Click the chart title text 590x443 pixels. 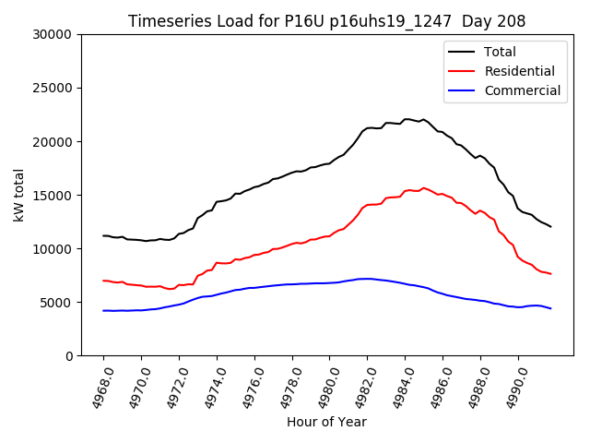[x=326, y=21]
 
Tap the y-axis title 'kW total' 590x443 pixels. [x=19, y=195]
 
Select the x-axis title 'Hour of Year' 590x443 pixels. [x=326, y=422]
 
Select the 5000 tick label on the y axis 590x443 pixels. [x=57, y=303]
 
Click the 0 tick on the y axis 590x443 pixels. [x=68, y=356]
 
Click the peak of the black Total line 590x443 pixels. [x=406, y=119]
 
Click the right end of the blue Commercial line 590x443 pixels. [x=550, y=308]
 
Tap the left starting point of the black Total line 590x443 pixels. [x=103, y=235]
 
